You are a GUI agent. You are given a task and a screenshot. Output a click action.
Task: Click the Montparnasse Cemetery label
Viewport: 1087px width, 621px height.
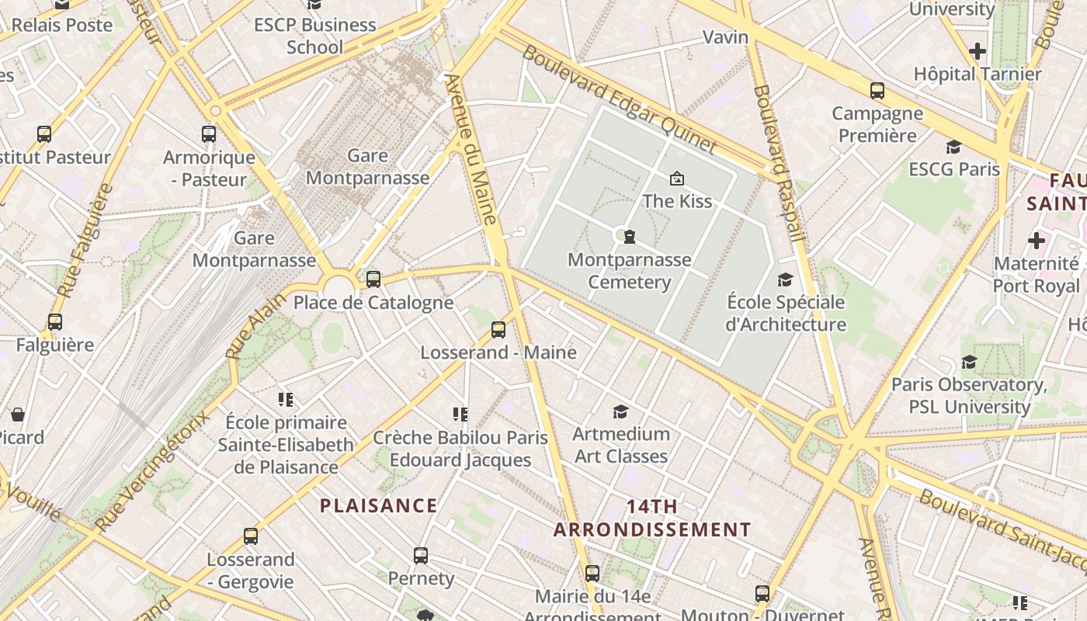(629, 271)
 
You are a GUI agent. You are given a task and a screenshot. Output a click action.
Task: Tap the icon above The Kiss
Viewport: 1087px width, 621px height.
(677, 179)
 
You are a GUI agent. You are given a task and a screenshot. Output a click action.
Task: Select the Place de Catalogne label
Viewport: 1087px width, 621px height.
(373, 303)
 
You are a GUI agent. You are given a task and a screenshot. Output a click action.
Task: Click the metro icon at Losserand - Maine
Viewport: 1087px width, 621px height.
(498, 330)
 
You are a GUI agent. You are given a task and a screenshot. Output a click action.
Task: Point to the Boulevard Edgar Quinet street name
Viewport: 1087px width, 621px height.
(619, 99)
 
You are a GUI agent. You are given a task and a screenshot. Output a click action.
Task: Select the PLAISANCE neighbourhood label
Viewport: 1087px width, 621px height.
(379, 506)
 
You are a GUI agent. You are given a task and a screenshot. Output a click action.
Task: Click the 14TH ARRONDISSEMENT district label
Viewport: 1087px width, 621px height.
(652, 519)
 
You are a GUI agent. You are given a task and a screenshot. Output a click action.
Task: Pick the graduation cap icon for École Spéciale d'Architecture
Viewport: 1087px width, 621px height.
(786, 279)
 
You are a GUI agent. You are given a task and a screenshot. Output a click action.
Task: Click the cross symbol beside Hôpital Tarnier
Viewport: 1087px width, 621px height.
(978, 52)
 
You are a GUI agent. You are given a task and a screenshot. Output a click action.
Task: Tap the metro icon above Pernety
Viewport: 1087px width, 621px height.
(421, 556)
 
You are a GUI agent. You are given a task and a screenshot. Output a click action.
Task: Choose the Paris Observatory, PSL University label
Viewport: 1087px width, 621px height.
(969, 395)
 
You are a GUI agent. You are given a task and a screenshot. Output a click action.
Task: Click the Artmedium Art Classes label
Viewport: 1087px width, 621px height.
(621, 445)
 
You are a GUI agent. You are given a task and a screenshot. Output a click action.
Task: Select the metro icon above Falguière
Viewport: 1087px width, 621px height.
(55, 322)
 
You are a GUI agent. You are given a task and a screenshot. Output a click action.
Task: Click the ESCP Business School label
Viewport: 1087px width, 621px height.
(314, 36)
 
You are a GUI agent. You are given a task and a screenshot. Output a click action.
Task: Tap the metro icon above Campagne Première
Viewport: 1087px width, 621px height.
(877, 91)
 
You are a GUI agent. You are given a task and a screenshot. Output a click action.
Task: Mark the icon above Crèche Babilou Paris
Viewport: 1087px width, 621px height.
(460, 415)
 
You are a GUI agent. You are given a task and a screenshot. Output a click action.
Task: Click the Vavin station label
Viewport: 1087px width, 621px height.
(725, 37)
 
